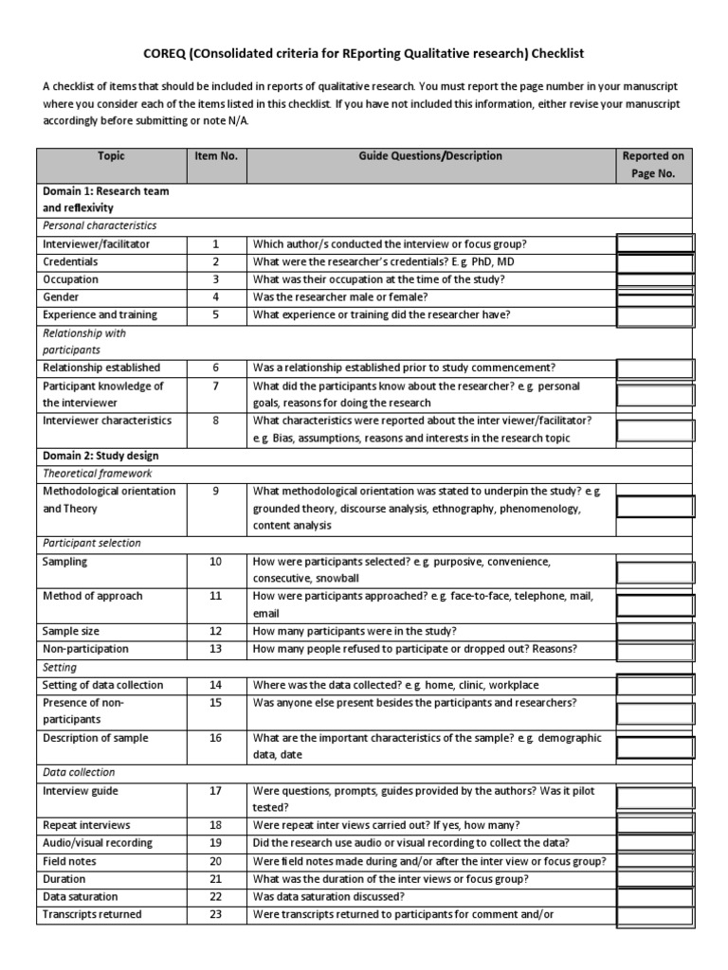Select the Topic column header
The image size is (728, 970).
pos(110,156)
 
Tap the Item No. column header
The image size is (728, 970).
pos(215,156)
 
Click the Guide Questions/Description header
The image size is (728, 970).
pos(430,156)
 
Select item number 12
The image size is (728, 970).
pos(215,631)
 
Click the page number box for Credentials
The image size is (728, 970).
pos(655,261)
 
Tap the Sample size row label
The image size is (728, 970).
pos(71,631)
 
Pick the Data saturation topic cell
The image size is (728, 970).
pos(81,896)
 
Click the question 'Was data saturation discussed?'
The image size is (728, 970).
pos(329,896)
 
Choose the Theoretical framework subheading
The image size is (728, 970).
pos(98,473)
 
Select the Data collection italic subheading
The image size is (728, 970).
pos(79,772)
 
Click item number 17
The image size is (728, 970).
pos(215,791)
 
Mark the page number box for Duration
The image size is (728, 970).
pos(655,879)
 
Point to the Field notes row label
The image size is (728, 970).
pos(69,861)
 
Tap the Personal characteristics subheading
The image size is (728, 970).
pos(100,225)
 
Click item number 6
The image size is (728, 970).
pos(215,368)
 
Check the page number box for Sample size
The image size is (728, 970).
pos(655,631)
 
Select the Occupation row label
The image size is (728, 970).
pos(71,279)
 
